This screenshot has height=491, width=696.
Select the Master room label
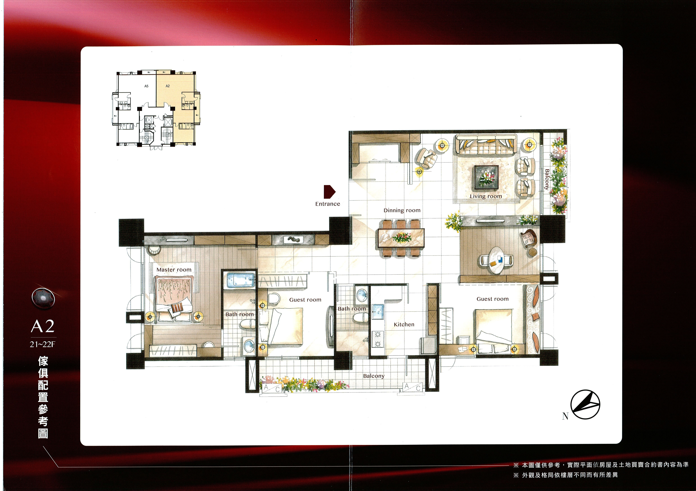[174, 270]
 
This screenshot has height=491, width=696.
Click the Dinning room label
[402, 210]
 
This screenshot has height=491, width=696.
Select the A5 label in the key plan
[146, 86]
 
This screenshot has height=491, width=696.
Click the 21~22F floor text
[43, 344]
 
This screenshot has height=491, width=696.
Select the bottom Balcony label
[374, 376]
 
